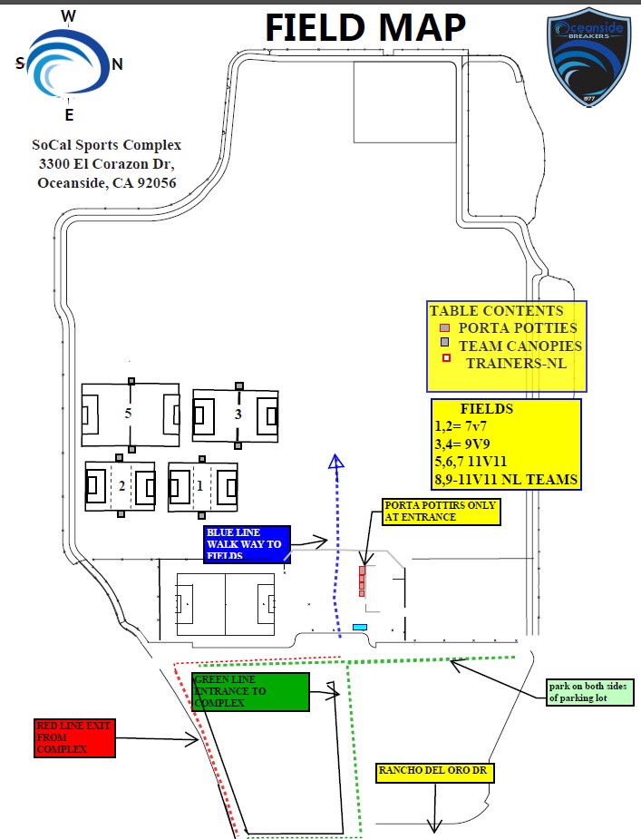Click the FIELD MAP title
(365, 28)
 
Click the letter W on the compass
(68, 15)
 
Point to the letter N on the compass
(117, 64)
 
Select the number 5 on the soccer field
(129, 413)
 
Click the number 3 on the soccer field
(238, 415)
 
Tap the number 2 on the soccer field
(121, 485)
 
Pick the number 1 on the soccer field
(200, 485)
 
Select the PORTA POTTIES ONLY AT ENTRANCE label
(441, 511)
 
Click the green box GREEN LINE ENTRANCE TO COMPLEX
(250, 691)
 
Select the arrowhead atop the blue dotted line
(336, 462)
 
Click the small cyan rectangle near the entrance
(360, 627)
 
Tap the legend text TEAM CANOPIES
(520, 346)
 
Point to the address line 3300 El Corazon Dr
(106, 164)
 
